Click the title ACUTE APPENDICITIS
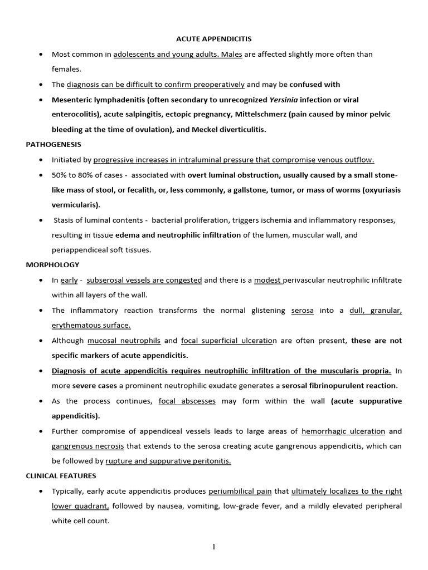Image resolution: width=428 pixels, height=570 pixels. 214,38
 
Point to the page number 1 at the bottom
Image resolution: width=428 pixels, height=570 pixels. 213,547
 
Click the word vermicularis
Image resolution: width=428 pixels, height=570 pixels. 73,205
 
